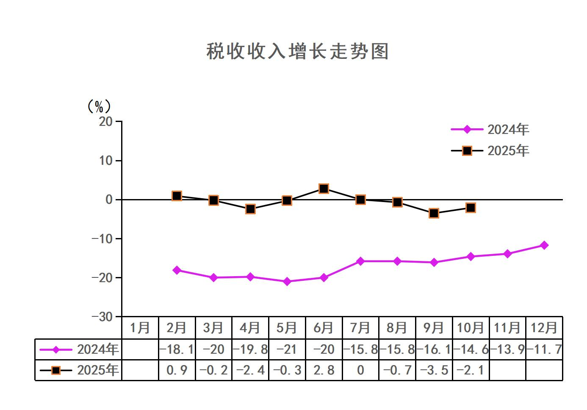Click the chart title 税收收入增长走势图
coord(297,52)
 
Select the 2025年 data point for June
coord(324,188)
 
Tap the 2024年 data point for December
coord(544,245)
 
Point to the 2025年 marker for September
coord(434,213)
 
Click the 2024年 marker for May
coord(287,281)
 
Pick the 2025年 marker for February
coord(177,196)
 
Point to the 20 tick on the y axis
coord(106,122)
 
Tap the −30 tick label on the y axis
coord(102,317)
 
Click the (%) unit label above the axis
coord(99,106)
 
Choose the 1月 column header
coord(140,328)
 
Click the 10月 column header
coord(471,328)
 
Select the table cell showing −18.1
coord(177,349)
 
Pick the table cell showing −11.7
coord(544,349)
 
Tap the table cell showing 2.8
coord(324,370)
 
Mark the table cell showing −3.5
coord(434,370)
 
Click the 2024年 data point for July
coord(360,261)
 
